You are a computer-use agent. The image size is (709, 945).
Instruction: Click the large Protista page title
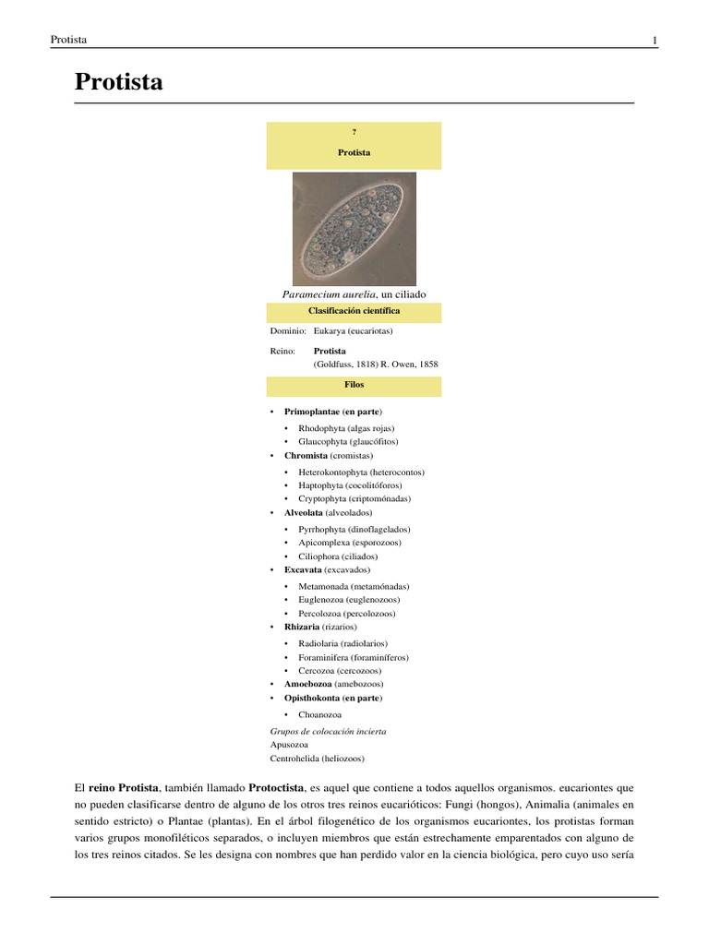(x=118, y=82)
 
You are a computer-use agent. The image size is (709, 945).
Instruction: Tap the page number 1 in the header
(x=655, y=40)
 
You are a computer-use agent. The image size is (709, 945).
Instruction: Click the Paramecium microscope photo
(x=354, y=228)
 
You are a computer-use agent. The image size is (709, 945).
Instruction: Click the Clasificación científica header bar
(x=354, y=312)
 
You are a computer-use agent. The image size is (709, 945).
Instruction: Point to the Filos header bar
(x=354, y=384)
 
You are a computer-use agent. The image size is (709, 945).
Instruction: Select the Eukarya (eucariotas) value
(x=354, y=330)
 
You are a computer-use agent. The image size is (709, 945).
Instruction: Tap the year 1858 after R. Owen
(x=428, y=365)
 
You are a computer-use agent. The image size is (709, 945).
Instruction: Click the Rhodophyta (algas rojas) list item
(x=346, y=428)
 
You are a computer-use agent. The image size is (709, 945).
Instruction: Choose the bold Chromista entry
(x=306, y=456)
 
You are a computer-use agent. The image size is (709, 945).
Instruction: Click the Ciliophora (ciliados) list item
(x=338, y=556)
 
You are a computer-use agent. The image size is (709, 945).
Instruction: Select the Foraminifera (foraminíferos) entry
(x=353, y=657)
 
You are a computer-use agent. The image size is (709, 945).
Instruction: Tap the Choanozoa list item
(x=319, y=714)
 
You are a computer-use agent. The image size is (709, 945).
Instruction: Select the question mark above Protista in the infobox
(x=354, y=133)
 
